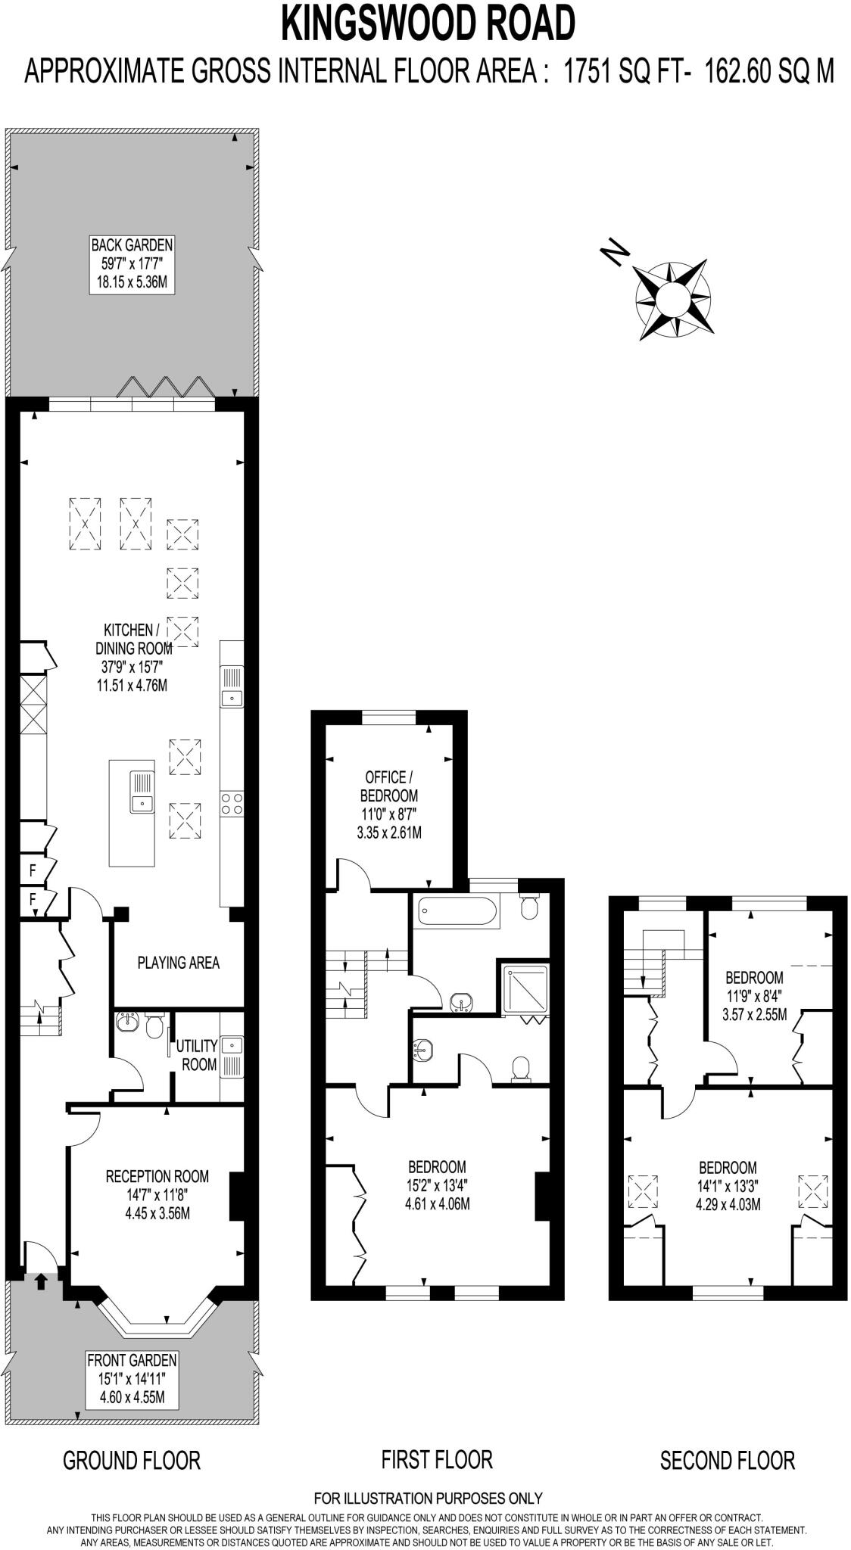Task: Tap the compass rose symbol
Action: [672, 300]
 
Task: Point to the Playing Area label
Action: [178, 963]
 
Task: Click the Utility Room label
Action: [197, 1055]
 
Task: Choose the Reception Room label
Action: [157, 1194]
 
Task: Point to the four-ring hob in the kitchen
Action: [232, 803]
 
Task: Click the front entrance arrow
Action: [40, 1281]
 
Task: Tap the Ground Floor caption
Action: [132, 1460]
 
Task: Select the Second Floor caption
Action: [727, 1460]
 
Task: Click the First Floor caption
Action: [437, 1459]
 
